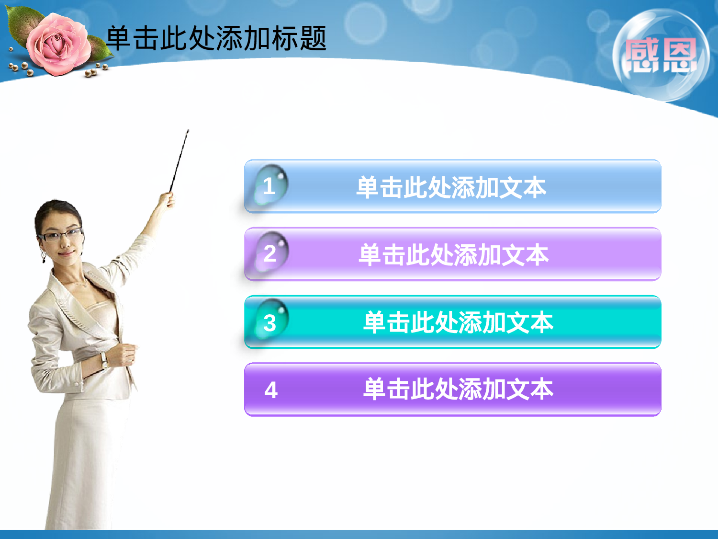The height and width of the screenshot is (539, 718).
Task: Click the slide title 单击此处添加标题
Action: [216, 38]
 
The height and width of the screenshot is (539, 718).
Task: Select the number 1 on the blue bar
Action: [269, 186]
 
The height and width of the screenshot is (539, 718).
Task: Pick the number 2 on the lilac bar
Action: [270, 253]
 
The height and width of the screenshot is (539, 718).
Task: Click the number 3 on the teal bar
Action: [270, 322]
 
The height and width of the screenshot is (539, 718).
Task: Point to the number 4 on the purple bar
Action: [271, 390]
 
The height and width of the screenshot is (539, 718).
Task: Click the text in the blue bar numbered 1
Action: [451, 187]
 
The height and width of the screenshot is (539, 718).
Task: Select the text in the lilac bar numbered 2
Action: [453, 254]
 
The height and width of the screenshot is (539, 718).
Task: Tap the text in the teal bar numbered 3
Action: [458, 322]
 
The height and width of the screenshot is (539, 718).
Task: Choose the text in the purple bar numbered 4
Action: [458, 389]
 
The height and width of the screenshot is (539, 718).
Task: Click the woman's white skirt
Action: [86, 460]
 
